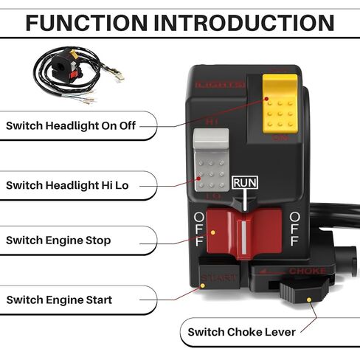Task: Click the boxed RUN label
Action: coord(245,182)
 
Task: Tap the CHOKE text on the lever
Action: coord(306,271)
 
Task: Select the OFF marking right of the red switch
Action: coord(295,229)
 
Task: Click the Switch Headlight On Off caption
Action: coord(72,125)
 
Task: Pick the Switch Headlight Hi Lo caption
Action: coord(67,185)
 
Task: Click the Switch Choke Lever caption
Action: coord(241,332)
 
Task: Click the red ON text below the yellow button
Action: coord(280,138)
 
